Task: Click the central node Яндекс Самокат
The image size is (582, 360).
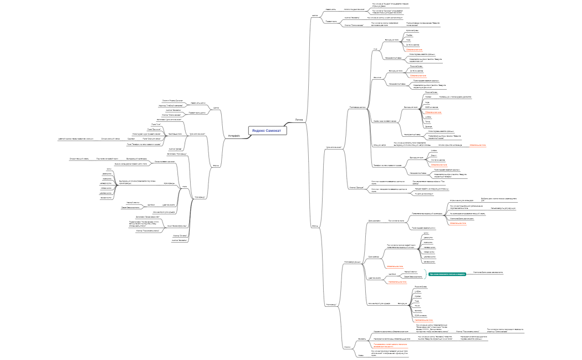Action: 267,130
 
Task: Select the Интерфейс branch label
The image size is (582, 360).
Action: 234,136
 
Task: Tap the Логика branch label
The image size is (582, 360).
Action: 299,119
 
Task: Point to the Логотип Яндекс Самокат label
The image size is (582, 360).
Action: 172,100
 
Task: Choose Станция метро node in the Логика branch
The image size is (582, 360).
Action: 380,144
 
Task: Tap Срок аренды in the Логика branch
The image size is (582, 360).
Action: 373,257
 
